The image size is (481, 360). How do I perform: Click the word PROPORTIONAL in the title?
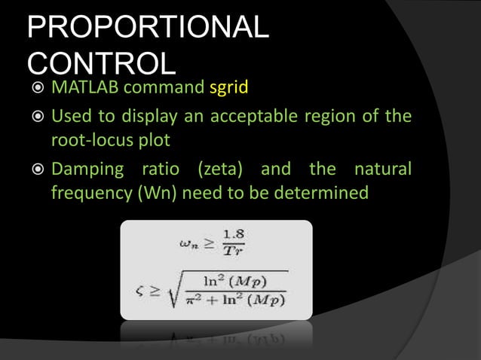click(x=148, y=29)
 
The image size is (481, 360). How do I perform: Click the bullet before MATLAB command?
click(x=35, y=90)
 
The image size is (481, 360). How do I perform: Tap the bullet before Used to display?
click(x=35, y=118)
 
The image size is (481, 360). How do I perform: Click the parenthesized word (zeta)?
click(x=219, y=169)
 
